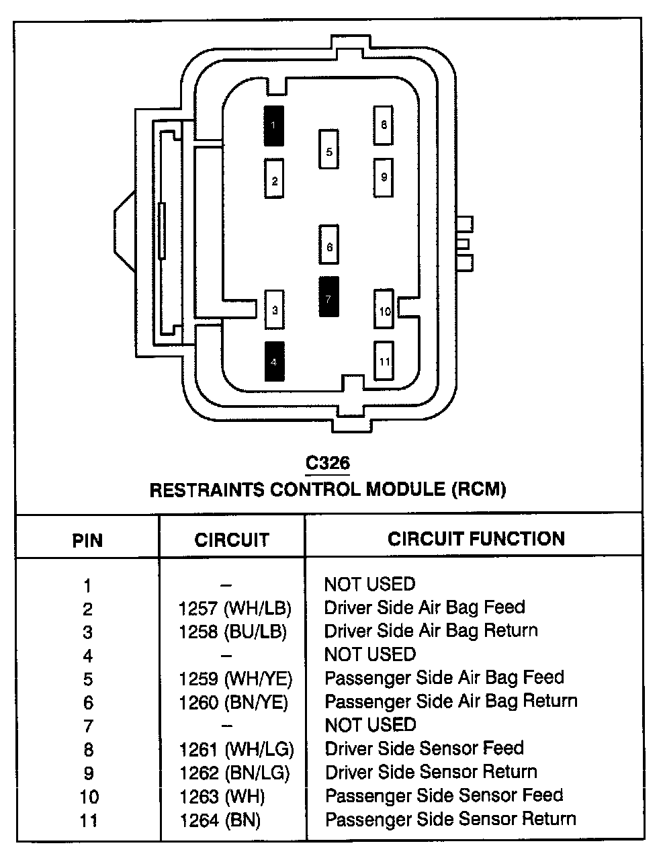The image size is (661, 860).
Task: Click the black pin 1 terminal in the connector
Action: [273, 126]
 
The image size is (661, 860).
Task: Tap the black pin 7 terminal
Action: [328, 296]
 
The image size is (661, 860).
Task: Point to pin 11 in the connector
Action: [384, 361]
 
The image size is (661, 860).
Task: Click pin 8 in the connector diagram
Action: [383, 125]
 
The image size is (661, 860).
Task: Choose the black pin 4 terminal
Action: [274, 361]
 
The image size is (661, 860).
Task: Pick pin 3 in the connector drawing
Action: [274, 310]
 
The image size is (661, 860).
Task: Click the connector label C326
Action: [328, 463]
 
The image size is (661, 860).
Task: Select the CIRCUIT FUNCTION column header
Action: [476, 538]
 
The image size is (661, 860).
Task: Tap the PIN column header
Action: [87, 540]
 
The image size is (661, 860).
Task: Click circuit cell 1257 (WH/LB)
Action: [235, 609]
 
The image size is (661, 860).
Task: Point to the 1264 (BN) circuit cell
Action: [220, 820]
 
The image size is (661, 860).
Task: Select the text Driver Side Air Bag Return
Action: [431, 631]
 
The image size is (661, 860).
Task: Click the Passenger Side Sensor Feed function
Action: [443, 795]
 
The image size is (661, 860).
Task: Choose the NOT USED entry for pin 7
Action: [370, 725]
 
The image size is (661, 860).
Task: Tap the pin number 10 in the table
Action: [89, 797]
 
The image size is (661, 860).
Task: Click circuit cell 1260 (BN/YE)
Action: [233, 703]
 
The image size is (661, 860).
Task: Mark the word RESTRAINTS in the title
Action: [206, 490]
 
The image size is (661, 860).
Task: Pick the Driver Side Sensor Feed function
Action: [424, 748]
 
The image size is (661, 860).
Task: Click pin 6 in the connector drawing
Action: [328, 247]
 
